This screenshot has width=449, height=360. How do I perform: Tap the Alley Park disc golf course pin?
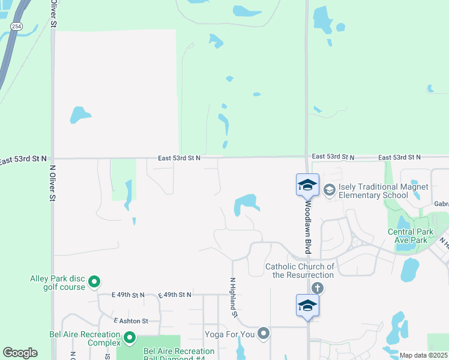pyautogui.click(x=94, y=281)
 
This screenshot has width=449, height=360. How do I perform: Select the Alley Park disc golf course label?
pyautogui.click(x=58, y=283)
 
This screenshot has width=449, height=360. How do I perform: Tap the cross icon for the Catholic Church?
pyautogui.click(x=318, y=289)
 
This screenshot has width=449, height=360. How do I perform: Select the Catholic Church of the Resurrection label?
pyautogui.click(x=300, y=271)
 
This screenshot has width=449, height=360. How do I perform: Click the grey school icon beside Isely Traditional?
pyautogui.click(x=329, y=190)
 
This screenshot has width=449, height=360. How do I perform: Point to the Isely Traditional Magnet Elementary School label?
pyautogui.click(x=384, y=191)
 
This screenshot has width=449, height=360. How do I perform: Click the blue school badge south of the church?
pyautogui.click(x=307, y=305)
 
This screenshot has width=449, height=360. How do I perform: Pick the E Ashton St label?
pyautogui.click(x=130, y=321)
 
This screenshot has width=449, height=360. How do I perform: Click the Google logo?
pyautogui.click(x=20, y=353)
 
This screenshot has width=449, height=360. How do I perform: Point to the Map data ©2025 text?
pyautogui.click(x=423, y=355)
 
